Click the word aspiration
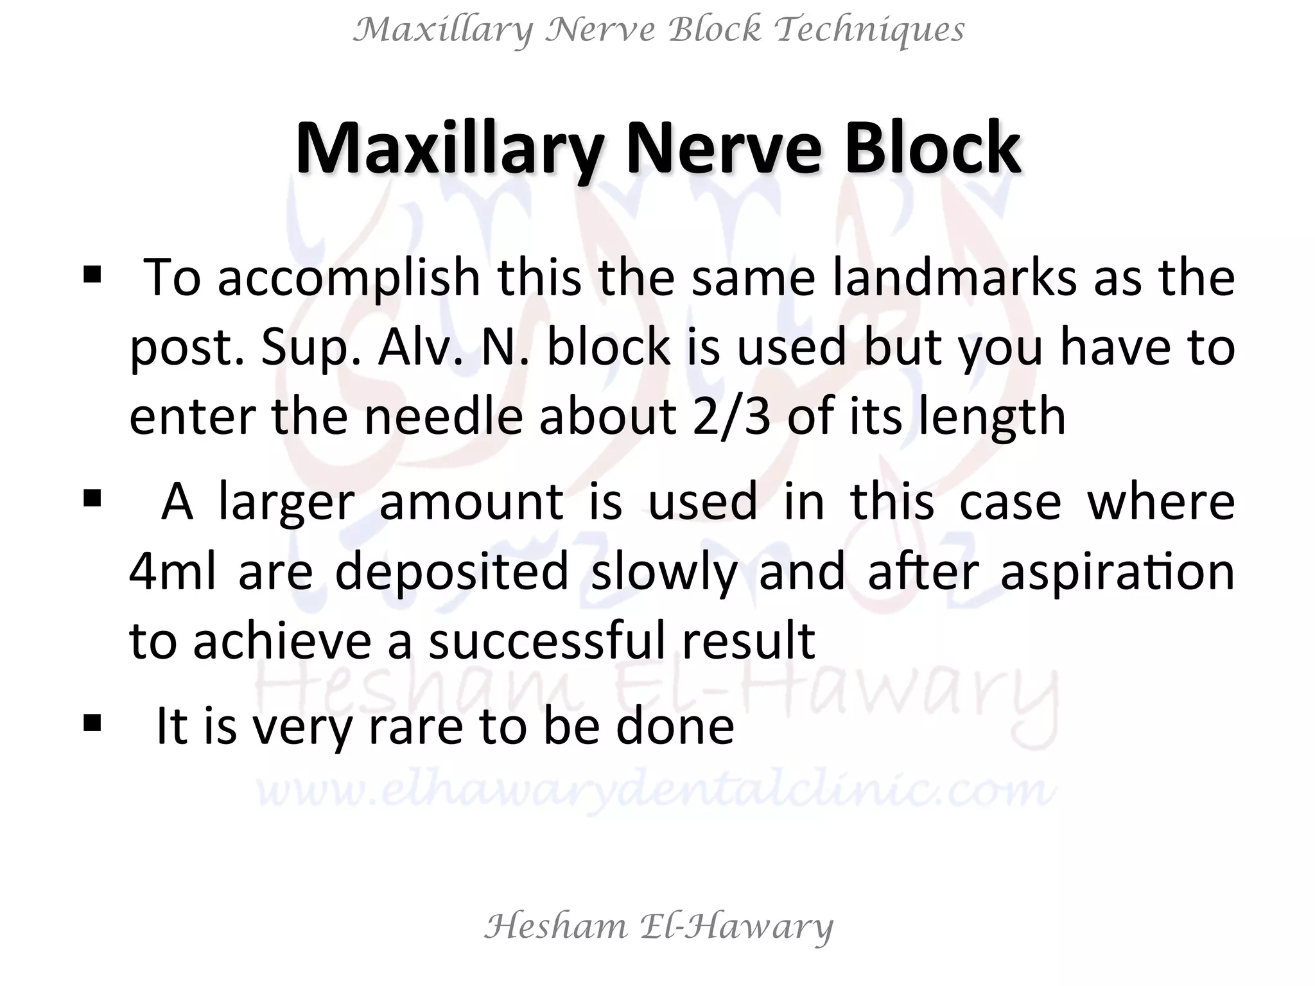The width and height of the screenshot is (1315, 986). coord(1117,572)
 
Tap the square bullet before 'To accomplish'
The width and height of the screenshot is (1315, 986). coord(92,277)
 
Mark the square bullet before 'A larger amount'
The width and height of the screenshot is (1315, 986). coord(92,498)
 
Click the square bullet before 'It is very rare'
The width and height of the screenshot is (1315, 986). coord(92,724)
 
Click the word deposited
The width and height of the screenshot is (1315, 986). coord(452,572)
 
